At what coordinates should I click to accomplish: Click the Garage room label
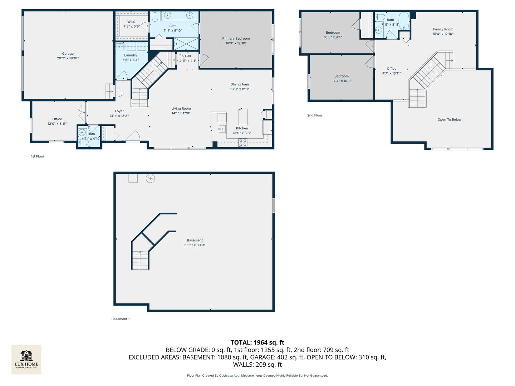coord(68,54)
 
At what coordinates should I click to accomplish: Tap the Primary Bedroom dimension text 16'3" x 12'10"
coord(236,43)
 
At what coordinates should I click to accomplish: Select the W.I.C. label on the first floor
coord(132,22)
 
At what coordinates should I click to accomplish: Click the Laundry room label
coord(131,55)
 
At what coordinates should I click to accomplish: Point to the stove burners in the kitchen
coord(243,143)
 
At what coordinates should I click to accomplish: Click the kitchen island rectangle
coord(243,117)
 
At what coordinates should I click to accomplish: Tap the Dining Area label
coord(240,84)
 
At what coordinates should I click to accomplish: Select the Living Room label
coord(181,109)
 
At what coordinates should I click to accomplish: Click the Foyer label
coord(119,111)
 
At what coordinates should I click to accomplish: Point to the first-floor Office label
coord(57,119)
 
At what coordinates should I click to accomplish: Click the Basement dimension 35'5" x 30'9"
coord(195,245)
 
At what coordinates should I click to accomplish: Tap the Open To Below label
coord(449,120)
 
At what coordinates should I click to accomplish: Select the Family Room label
coord(443,29)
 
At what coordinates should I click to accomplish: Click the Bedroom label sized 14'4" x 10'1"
coord(341,76)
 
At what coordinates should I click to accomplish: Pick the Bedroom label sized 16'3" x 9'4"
coord(333,33)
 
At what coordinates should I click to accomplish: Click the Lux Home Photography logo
coord(26,359)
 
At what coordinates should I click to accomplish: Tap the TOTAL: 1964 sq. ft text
coord(257,342)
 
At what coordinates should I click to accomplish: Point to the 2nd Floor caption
coord(315,115)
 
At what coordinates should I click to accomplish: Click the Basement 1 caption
coord(121,319)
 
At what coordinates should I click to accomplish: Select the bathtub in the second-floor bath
coord(404,21)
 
